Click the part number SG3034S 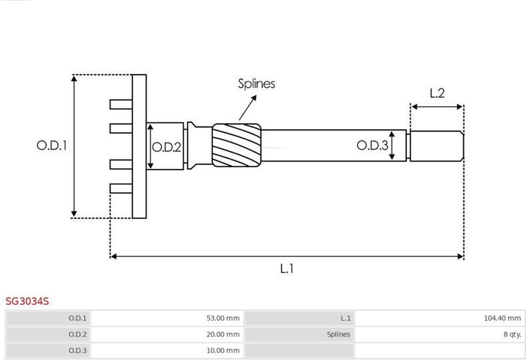tap(27, 301)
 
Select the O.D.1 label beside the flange tap(52, 146)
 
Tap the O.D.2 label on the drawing tap(166, 147)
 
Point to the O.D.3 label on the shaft tap(372, 145)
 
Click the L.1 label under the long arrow tap(287, 268)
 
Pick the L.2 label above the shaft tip tap(437, 93)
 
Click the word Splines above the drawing tap(256, 83)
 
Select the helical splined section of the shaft tap(236, 145)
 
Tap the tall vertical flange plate tap(139, 146)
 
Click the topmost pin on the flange tap(121, 104)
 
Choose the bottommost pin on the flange tap(121, 188)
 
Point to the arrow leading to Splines tap(248, 108)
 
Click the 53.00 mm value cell tap(167, 318)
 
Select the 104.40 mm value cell tap(439, 318)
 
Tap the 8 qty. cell tap(439, 334)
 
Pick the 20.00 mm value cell tap(167, 334)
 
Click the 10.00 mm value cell tap(167, 350)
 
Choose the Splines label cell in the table tap(299, 334)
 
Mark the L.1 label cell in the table tap(299, 318)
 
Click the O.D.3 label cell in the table tap(48, 350)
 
